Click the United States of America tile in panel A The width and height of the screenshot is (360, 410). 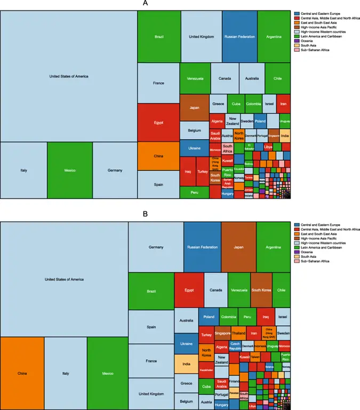point(68,76)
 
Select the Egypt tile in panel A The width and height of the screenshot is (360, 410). point(158,122)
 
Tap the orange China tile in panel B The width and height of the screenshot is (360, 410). point(22,373)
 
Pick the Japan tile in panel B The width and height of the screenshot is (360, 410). point(238,247)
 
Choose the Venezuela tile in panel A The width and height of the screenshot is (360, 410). point(195,78)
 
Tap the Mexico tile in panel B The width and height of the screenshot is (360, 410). point(108,373)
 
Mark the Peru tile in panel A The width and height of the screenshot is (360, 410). point(195,192)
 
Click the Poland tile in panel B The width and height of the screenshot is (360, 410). point(209,317)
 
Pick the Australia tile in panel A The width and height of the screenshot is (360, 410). point(252,78)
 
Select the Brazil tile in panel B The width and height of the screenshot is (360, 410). point(151,291)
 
